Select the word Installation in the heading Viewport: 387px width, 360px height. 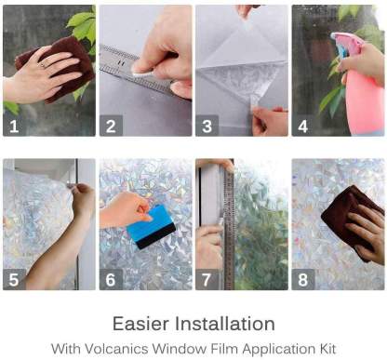[226, 324]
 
